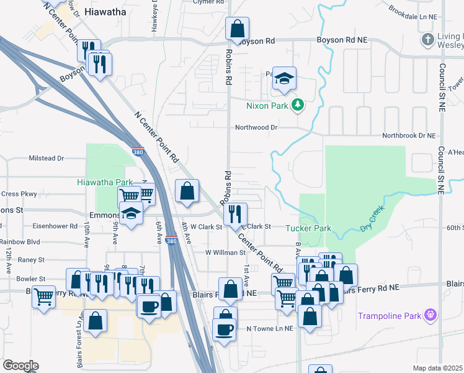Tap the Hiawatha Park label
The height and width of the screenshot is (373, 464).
click(105, 182)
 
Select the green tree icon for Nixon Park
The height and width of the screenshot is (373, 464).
click(298, 105)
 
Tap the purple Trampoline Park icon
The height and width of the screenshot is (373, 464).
click(429, 316)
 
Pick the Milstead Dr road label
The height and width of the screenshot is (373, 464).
click(47, 159)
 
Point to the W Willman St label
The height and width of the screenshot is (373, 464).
click(225, 252)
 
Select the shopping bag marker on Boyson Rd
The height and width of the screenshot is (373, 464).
click(237, 28)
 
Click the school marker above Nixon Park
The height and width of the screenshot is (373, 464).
click(285, 78)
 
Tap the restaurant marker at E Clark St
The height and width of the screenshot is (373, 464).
click(235, 214)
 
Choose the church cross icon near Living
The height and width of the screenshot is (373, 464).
click(427, 40)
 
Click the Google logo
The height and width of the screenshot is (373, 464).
click(20, 365)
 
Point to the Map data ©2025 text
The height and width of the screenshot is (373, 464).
click(438, 368)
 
